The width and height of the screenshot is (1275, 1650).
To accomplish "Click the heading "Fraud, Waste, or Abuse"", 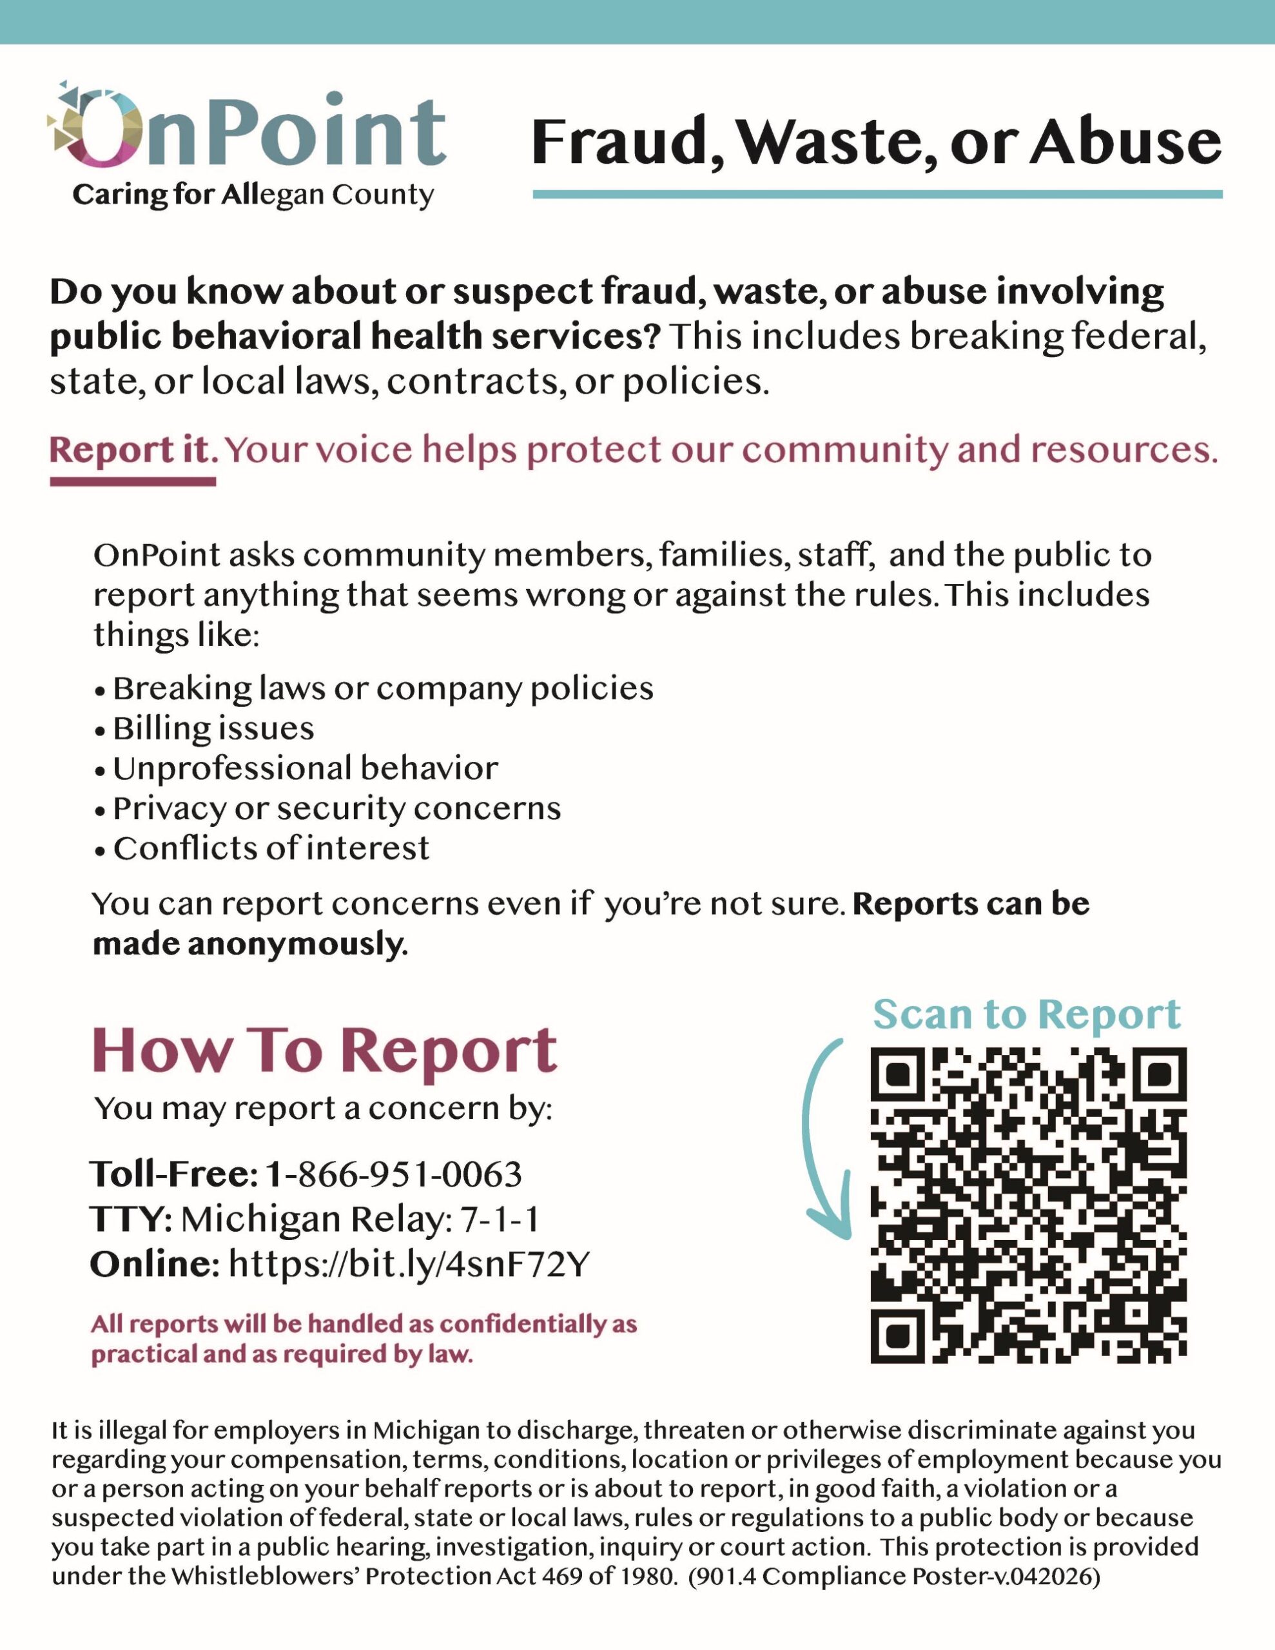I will [876, 142].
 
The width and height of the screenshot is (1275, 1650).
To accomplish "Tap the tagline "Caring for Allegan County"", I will [253, 196].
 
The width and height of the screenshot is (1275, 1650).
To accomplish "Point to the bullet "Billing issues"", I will [213, 729].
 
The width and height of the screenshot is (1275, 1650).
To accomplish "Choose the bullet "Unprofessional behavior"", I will [306, 769].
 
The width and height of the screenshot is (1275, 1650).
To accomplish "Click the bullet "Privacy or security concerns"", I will [336, 809].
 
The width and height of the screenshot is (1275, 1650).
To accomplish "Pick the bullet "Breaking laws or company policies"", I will [382, 689].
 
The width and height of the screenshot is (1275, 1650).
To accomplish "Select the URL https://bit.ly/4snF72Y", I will [408, 1265].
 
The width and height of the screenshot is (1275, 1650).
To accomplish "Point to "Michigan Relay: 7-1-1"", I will [360, 1219].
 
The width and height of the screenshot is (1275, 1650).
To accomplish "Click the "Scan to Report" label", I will [1026, 1014].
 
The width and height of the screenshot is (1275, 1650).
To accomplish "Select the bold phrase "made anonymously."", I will [250, 944].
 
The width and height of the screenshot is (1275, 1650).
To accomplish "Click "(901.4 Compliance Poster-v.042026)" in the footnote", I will [894, 1577].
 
